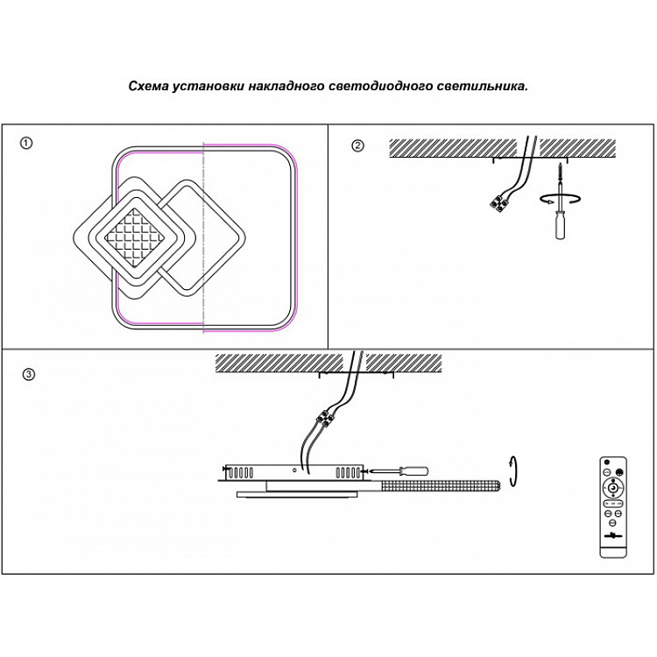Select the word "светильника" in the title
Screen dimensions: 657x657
[x=487, y=87]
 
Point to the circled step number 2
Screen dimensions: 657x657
[x=357, y=145]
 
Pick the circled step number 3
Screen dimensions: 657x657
[x=28, y=375]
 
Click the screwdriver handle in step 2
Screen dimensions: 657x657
[x=557, y=226]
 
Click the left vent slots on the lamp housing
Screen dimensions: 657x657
[x=238, y=473]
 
